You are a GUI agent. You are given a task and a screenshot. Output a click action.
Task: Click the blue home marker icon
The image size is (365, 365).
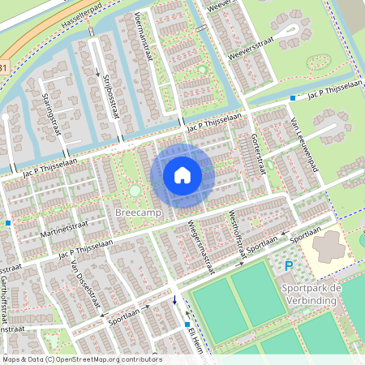coord(182,174)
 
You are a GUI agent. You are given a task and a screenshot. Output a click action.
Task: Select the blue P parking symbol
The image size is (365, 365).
coord(288,265)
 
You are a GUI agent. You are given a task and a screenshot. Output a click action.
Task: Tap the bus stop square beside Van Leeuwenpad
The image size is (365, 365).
coord(293,98)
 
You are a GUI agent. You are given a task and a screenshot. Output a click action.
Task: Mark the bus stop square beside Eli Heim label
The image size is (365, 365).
coord(187,323)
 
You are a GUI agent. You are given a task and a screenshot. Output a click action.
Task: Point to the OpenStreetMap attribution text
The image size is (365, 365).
coord(81,359)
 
